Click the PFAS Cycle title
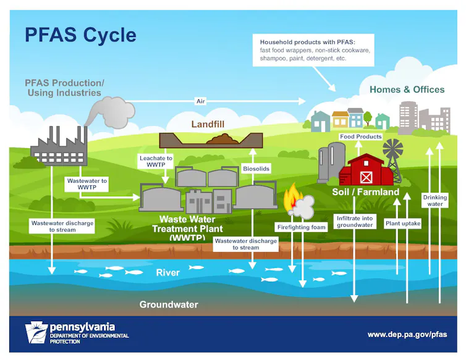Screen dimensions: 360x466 pyautogui.click(x=80, y=34)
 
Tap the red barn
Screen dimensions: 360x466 pyautogui.click(x=366, y=170)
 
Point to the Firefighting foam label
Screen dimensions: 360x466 pyautogui.click(x=301, y=227)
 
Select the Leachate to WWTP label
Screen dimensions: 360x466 pyautogui.click(x=156, y=162)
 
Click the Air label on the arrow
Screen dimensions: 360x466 pyautogui.click(x=200, y=101)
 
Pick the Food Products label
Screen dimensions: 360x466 pyautogui.click(x=361, y=136)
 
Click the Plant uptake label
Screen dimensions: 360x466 pyautogui.click(x=402, y=223)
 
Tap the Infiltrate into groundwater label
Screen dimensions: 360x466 pyautogui.click(x=355, y=222)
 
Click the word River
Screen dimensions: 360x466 pyautogui.click(x=168, y=272)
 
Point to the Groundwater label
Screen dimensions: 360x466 pyautogui.click(x=169, y=304)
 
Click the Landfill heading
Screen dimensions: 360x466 pyautogui.click(x=208, y=124)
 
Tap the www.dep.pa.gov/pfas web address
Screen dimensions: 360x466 pyautogui.click(x=407, y=334)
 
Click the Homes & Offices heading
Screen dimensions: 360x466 pyautogui.click(x=407, y=90)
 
